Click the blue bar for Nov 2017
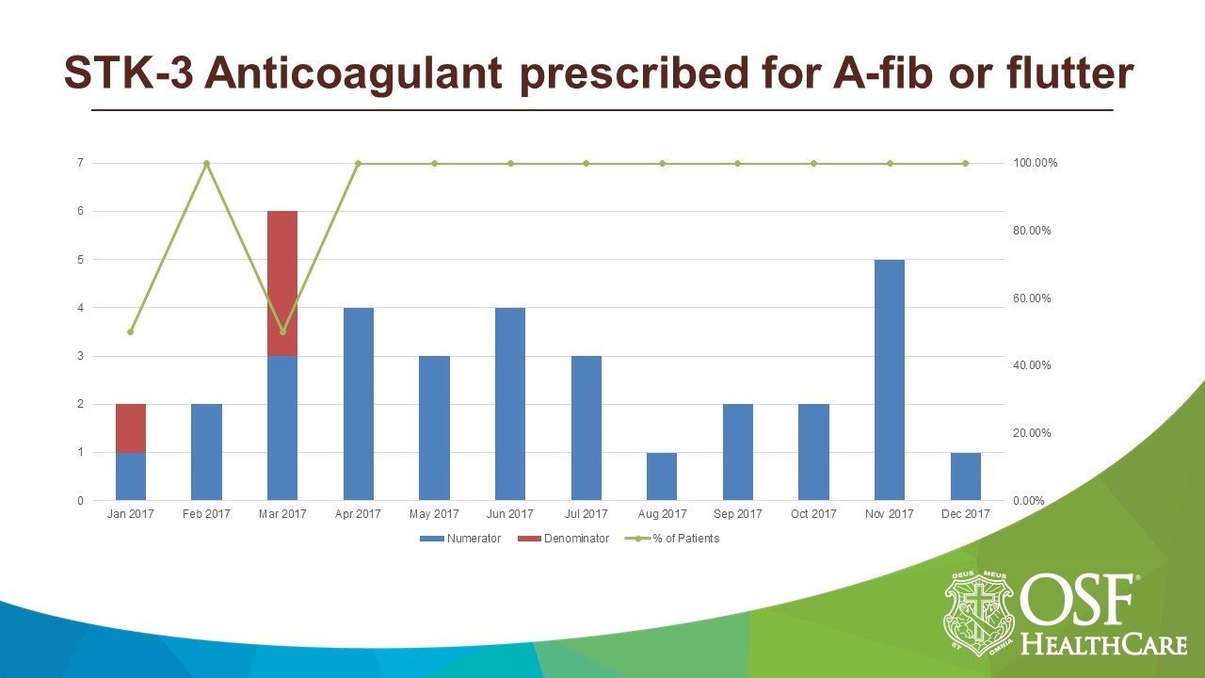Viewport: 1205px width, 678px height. (x=889, y=379)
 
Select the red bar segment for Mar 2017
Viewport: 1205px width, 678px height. (x=282, y=282)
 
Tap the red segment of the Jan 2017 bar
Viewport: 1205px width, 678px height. (x=131, y=428)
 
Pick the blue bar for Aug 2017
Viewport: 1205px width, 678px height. (x=662, y=476)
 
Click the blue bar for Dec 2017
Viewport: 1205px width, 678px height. (x=965, y=476)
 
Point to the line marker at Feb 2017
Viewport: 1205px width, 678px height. (x=206, y=164)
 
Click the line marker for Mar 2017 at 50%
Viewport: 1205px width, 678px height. (x=282, y=331)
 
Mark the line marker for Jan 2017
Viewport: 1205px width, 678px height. (x=131, y=331)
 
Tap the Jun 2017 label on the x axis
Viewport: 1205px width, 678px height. (x=509, y=514)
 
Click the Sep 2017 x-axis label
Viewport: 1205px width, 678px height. (x=737, y=514)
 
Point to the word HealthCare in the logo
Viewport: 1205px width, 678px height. (x=1103, y=644)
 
